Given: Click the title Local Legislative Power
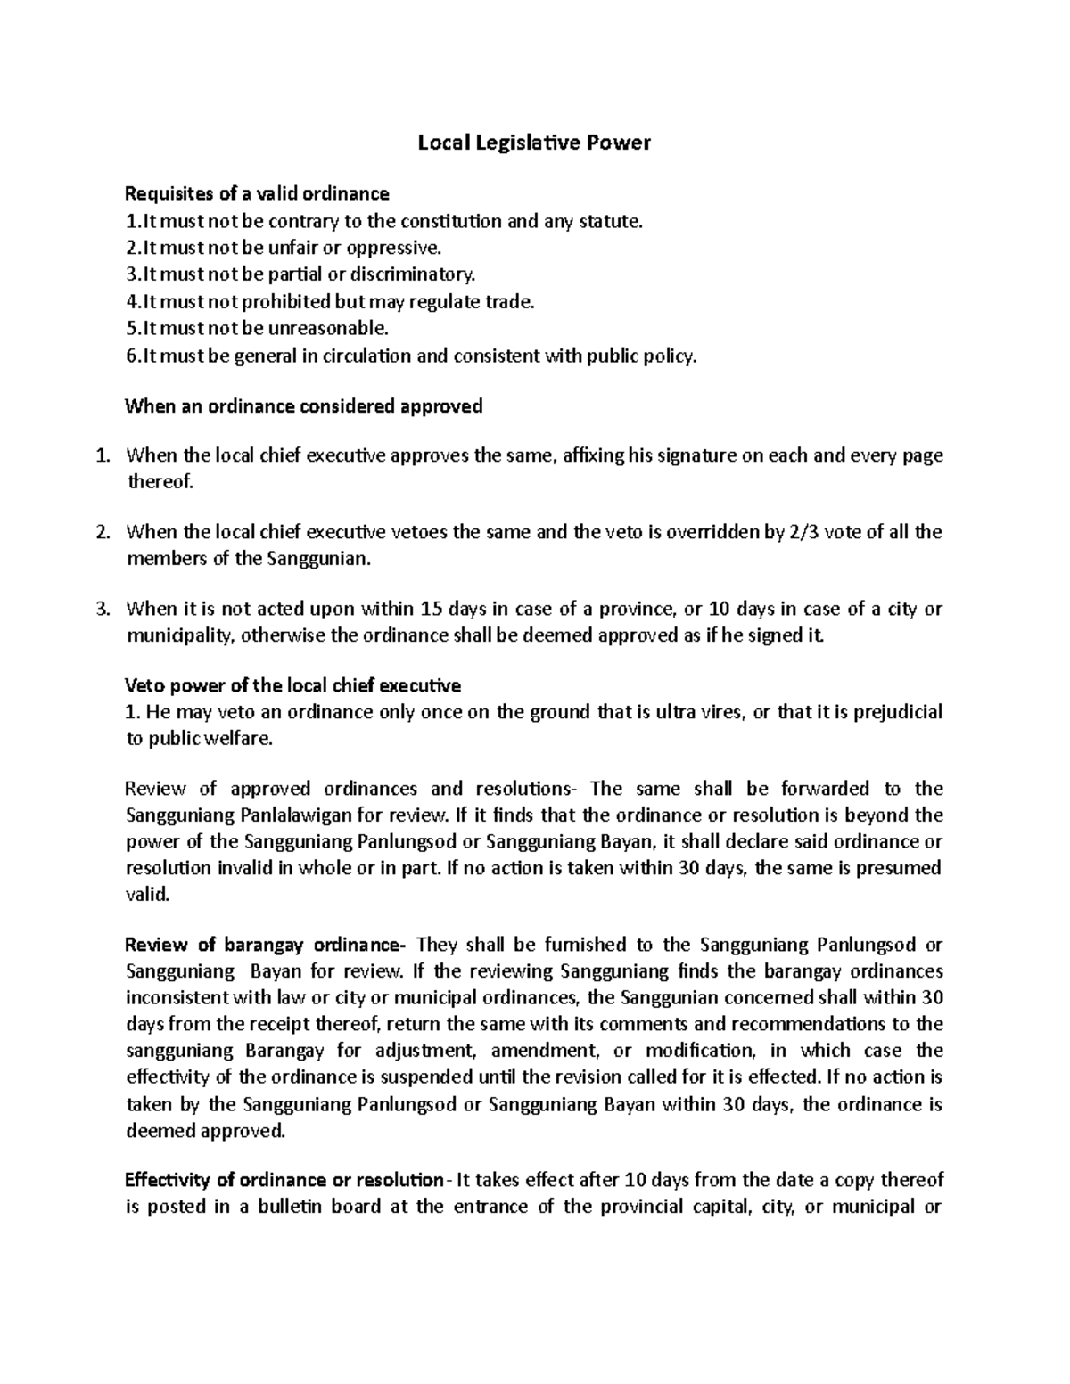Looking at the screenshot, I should (534, 143).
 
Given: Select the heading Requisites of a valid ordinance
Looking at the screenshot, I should (257, 193).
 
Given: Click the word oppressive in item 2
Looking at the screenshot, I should (399, 248).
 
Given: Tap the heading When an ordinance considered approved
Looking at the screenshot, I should (303, 406).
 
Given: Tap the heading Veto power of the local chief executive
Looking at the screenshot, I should (292, 686).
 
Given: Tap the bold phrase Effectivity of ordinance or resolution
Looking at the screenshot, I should (284, 1180).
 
